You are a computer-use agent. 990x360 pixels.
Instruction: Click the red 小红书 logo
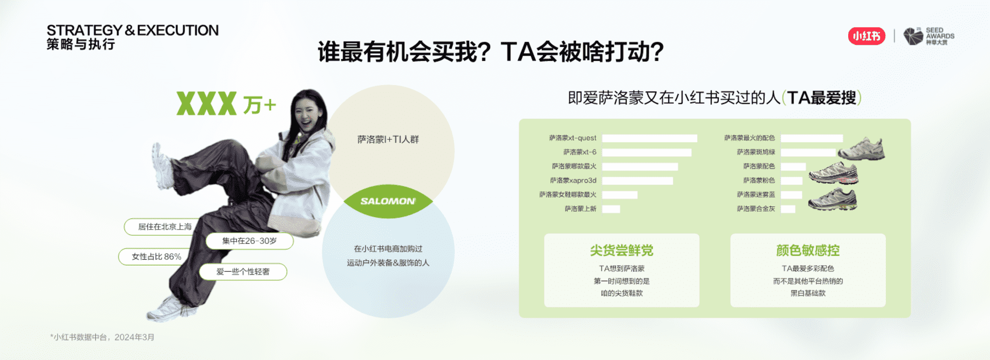(866, 36)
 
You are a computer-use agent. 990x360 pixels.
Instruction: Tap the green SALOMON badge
(388, 201)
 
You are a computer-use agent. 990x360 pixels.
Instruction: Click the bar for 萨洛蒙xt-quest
(649, 138)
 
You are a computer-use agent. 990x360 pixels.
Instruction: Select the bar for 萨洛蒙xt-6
(647, 152)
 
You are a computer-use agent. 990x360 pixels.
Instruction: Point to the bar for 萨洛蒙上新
(611, 209)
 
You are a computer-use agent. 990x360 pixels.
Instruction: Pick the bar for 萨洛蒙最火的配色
(812, 138)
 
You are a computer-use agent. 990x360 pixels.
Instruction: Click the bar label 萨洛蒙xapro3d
(573, 181)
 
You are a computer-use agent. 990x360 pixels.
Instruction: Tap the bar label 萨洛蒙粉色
(759, 181)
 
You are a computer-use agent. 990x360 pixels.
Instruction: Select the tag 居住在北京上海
(164, 226)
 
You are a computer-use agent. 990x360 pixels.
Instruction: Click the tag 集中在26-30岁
(250, 241)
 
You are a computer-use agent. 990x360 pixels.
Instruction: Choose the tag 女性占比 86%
(156, 256)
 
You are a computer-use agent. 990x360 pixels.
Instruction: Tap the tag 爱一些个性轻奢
(243, 272)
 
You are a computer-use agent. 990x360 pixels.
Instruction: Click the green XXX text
(206, 104)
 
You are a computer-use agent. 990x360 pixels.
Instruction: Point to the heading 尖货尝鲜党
(622, 251)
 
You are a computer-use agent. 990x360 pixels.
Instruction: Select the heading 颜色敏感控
(808, 251)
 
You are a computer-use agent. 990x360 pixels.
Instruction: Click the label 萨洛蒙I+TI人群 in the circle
(388, 139)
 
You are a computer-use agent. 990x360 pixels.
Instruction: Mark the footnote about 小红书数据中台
(102, 337)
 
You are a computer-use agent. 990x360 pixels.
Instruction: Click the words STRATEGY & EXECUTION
(133, 30)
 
